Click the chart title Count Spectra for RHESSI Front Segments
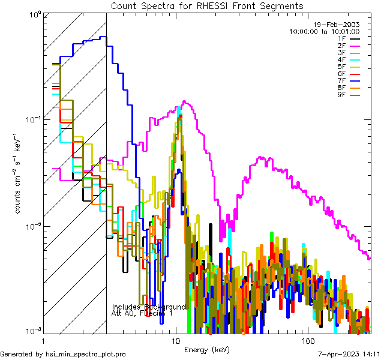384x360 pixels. [207, 6]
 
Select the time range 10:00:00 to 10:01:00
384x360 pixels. [325, 31]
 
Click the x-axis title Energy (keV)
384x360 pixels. [206, 349]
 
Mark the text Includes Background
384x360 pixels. [148, 307]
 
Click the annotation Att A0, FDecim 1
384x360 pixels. [142, 313]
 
